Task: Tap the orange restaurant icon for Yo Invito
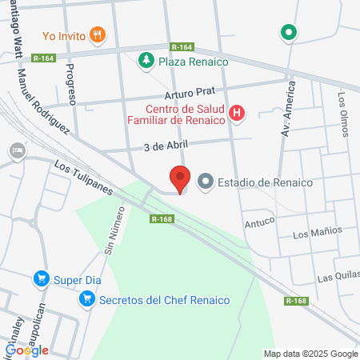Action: tap(97, 34)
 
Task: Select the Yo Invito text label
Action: tap(62, 34)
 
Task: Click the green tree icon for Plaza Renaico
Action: tap(146, 61)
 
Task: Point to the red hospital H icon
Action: tap(237, 114)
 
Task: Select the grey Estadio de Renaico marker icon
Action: tap(206, 182)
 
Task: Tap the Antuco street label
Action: tap(260, 216)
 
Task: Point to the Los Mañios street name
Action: tap(317, 233)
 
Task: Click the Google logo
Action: tap(27, 350)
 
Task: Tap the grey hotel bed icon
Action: tap(16, 150)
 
